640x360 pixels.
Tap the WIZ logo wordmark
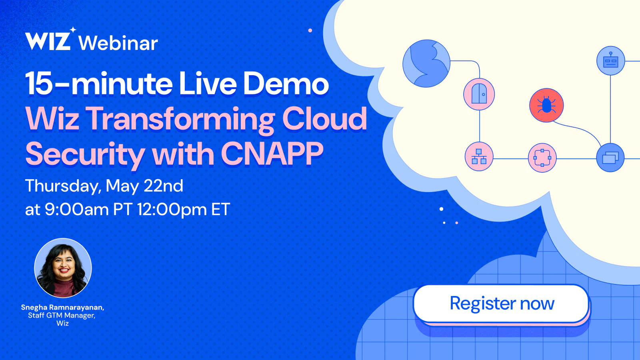48,41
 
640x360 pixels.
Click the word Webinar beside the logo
118,43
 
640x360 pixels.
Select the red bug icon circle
546,105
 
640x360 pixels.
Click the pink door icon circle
479,94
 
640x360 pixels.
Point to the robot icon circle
610,61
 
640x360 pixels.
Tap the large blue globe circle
426,64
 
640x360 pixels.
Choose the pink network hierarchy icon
479,156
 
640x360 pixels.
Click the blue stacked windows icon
610,158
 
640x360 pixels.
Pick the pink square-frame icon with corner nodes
542,158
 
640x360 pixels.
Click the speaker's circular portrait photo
63,268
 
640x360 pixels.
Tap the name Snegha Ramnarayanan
62,308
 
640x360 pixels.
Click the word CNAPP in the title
272,154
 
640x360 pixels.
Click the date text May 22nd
144,186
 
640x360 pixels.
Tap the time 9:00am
76,209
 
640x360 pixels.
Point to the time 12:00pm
172,210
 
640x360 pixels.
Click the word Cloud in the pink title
324,118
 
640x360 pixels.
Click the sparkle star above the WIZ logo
73,30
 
